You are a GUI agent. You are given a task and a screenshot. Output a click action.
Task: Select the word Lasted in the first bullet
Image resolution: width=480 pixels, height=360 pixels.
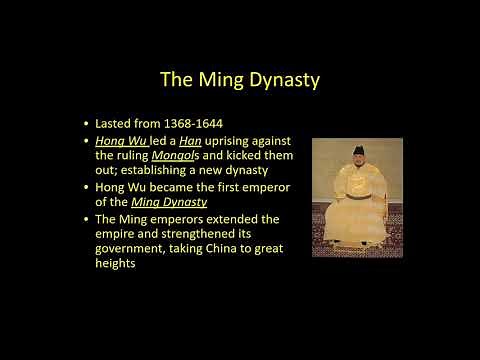point(117,123)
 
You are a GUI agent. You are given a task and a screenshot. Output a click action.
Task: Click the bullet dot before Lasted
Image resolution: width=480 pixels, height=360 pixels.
point(88,124)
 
